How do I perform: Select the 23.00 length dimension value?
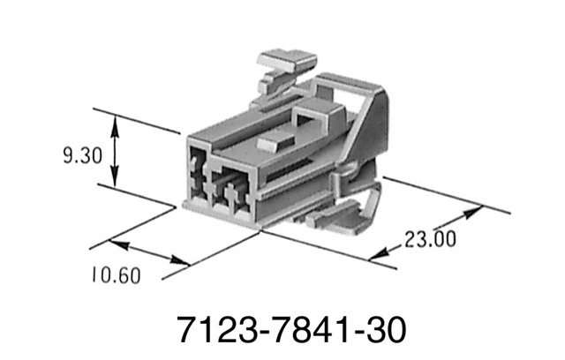pos(430,238)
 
